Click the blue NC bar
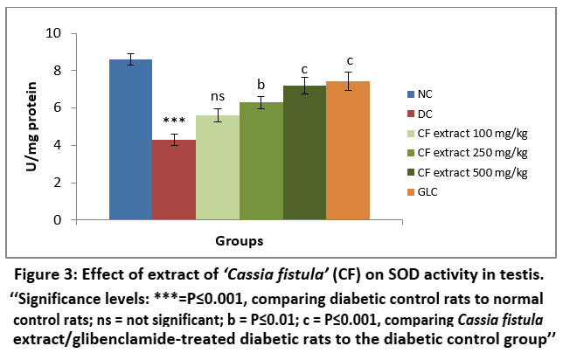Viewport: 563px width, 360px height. [x=129, y=140]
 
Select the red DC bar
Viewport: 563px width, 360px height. [x=173, y=180]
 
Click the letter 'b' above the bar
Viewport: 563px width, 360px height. [x=261, y=85]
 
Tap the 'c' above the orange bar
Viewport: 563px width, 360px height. [x=350, y=60]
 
